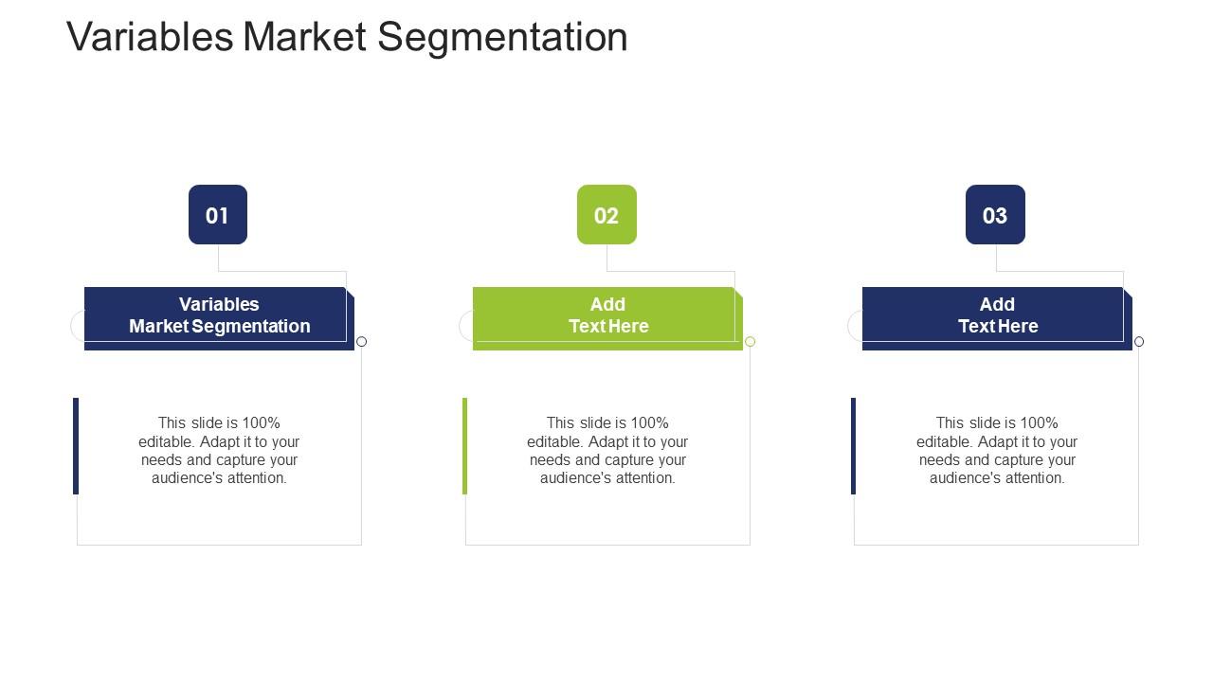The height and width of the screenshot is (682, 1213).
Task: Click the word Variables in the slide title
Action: (150, 37)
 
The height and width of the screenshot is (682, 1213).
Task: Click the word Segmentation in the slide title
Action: (502, 38)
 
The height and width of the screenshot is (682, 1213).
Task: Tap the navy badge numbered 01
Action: (218, 214)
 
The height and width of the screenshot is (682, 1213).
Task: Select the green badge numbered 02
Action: (606, 214)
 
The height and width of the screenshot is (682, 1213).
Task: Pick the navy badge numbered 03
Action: (995, 214)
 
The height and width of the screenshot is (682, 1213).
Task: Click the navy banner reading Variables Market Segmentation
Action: (219, 318)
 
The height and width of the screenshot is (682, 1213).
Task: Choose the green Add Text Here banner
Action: (607, 318)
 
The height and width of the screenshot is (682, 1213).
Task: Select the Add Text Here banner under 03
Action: (997, 318)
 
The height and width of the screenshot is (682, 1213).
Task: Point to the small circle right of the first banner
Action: (362, 342)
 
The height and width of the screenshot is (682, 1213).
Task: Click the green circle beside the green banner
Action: (750, 342)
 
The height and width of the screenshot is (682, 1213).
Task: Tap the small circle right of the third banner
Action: (1139, 342)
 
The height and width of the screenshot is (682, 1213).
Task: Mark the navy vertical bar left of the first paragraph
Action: (76, 446)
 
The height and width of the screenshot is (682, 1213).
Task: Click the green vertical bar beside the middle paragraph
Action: (464, 446)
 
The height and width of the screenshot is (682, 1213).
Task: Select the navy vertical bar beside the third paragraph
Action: (854, 446)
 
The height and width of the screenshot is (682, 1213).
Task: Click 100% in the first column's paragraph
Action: (261, 422)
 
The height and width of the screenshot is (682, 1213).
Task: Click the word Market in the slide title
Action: (305, 37)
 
